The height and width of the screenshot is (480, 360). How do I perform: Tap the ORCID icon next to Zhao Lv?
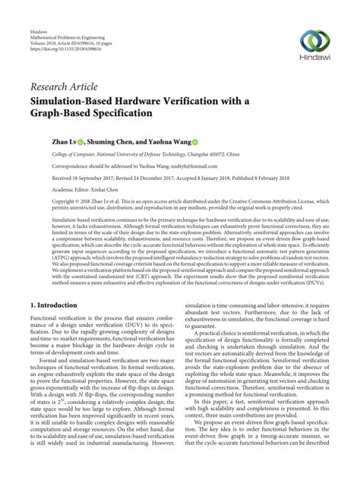tap(80, 141)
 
